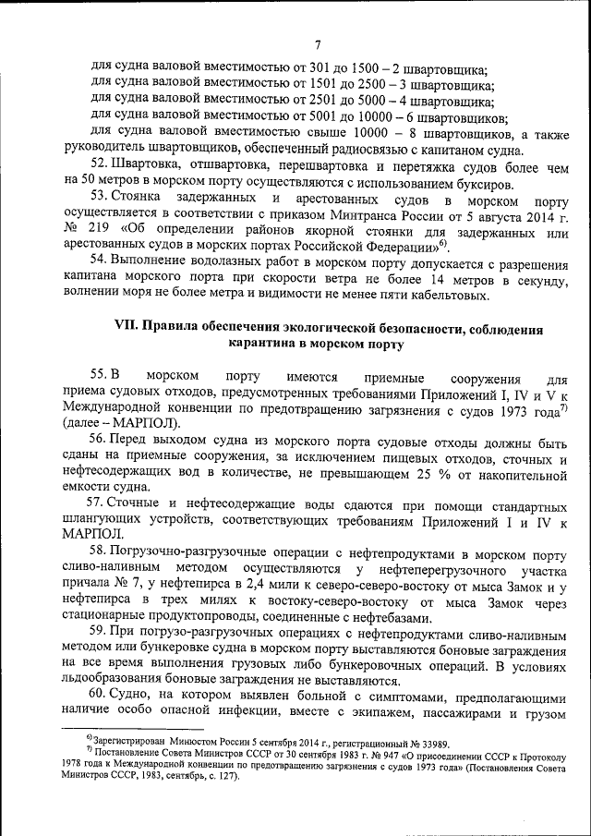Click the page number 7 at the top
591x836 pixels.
pyautogui.click(x=316, y=44)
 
